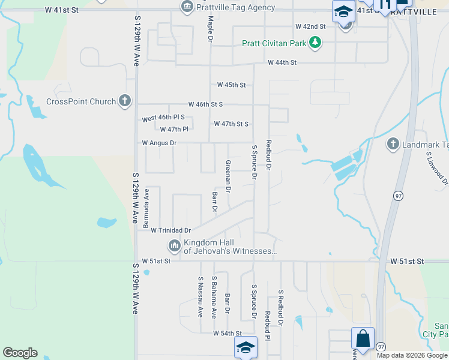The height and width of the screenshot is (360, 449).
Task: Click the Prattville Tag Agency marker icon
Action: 187,7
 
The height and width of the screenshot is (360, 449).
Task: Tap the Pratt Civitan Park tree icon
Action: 315,43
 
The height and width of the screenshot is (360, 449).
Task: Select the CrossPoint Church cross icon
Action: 124,101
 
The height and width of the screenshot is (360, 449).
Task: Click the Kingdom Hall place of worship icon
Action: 175,245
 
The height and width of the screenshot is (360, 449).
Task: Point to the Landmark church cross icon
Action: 393,144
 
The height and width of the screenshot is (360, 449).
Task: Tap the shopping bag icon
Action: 363,338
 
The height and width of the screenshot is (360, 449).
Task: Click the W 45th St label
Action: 231,85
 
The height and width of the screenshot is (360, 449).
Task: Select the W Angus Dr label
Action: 159,143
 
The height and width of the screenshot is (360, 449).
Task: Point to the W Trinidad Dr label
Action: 170,230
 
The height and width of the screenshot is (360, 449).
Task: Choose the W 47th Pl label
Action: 174,129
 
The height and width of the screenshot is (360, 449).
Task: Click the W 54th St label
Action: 227,333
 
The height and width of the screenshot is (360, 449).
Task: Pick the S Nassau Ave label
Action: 200,297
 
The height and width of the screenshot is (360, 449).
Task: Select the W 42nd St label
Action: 310,27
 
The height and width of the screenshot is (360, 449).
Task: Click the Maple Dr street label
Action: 211,29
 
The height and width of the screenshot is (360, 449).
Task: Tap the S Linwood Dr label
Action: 436,168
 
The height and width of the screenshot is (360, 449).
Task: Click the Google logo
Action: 20,353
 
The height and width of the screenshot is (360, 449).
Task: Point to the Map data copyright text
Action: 412,355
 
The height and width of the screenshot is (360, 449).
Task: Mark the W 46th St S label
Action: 205,104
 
